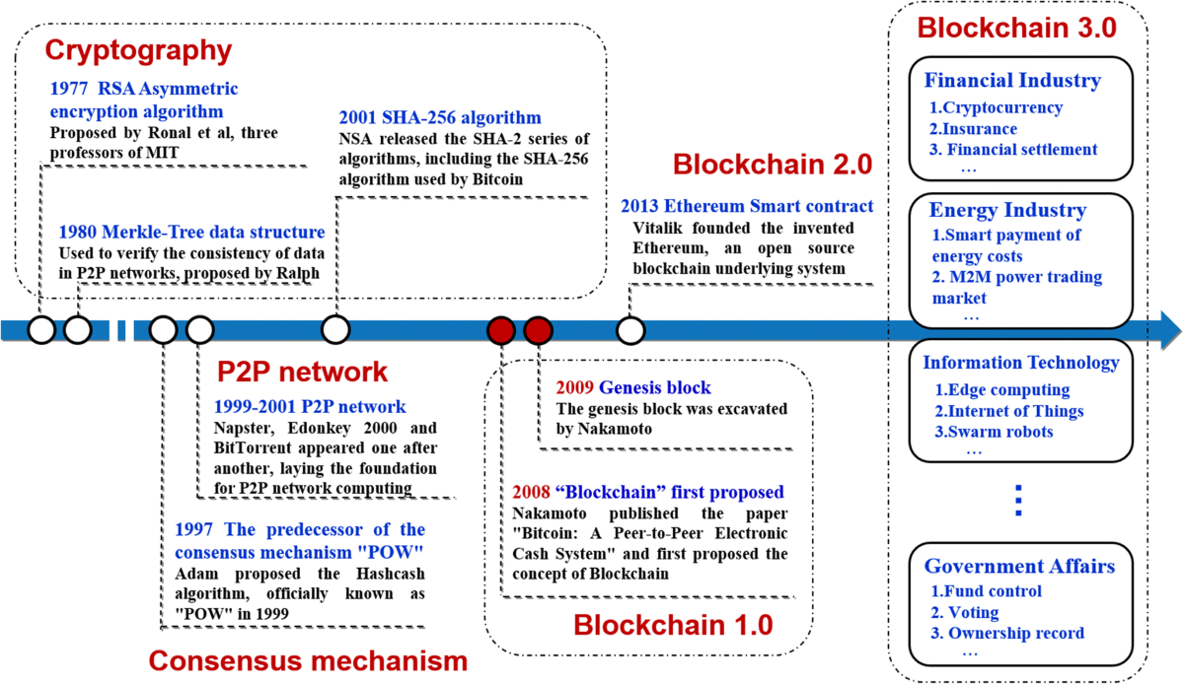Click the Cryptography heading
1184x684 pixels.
[139, 48]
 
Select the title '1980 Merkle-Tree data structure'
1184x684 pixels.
[191, 233]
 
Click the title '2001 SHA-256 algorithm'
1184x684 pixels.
[440, 117]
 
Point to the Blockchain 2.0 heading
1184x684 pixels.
[773, 165]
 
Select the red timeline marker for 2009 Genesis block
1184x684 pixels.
[537, 329]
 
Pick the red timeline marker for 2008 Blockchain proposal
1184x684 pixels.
[501, 329]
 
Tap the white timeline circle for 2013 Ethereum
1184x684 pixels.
[629, 329]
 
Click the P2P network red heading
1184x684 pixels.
[302, 373]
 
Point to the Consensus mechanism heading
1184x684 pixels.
[308, 658]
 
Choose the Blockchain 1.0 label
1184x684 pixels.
[673, 624]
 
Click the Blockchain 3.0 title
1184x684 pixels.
[1017, 27]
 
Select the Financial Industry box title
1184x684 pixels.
[1012, 80]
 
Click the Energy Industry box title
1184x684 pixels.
[1007, 210]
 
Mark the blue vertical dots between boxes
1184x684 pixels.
[1019, 500]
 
